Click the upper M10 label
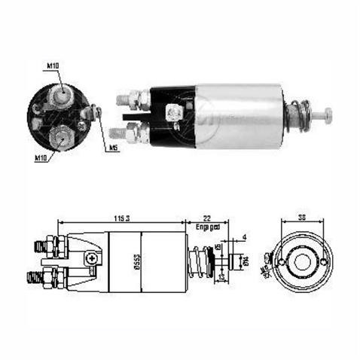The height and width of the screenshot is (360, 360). [53, 66]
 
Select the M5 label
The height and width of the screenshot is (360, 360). [114, 148]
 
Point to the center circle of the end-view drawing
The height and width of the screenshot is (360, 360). [302, 262]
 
